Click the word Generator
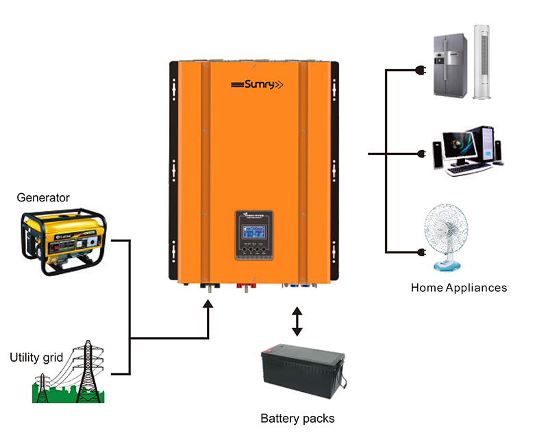(x=43, y=198)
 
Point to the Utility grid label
(x=36, y=357)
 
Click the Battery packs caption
(x=297, y=418)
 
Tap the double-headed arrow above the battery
(x=297, y=321)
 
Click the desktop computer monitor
(x=458, y=147)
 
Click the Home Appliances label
(x=459, y=288)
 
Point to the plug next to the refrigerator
(x=423, y=69)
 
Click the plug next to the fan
(x=423, y=253)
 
